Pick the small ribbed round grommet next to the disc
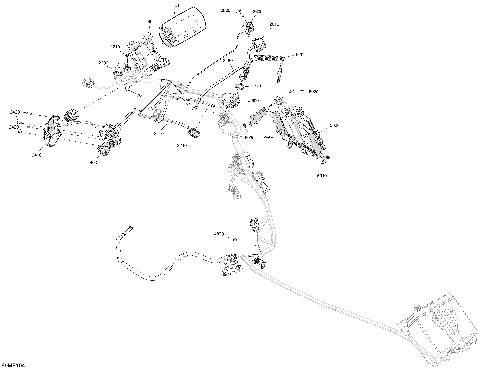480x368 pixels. pos(72,116)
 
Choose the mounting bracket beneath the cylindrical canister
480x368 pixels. pos(133,66)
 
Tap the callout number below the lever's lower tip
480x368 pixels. pos(322,174)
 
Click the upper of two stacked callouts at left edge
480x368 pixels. pos(13,112)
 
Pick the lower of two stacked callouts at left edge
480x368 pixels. pos(13,127)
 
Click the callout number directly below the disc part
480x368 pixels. pos(37,155)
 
